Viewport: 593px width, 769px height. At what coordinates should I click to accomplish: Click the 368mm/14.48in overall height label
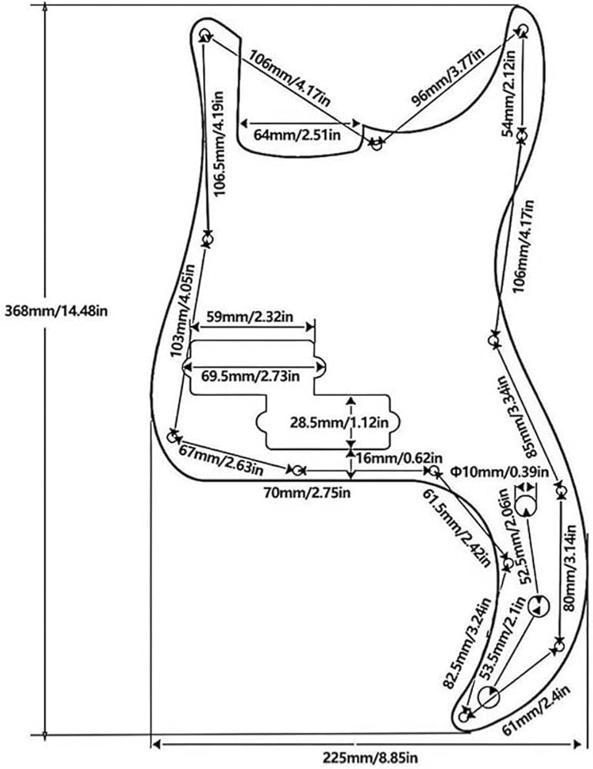click(56, 311)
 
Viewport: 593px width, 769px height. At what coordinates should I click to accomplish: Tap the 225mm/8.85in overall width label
click(370, 757)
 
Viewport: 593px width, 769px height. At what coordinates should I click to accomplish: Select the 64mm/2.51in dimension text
click(297, 135)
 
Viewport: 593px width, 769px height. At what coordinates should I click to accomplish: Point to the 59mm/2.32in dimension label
click(249, 316)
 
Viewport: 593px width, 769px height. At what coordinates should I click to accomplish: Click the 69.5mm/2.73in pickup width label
click(250, 376)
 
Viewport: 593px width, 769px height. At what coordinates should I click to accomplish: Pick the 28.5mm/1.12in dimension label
click(339, 422)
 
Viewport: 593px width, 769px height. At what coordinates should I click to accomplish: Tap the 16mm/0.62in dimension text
click(399, 458)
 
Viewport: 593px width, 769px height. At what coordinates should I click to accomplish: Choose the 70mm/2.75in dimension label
click(307, 492)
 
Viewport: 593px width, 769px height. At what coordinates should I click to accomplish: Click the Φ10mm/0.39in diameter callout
click(499, 472)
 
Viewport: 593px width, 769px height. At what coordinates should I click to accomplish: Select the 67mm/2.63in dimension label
click(221, 460)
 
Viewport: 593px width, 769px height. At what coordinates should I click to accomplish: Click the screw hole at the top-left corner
click(205, 35)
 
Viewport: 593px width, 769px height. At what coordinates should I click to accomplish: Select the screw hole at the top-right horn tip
click(522, 29)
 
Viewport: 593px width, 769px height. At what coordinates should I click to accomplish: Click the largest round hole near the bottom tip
click(488, 697)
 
